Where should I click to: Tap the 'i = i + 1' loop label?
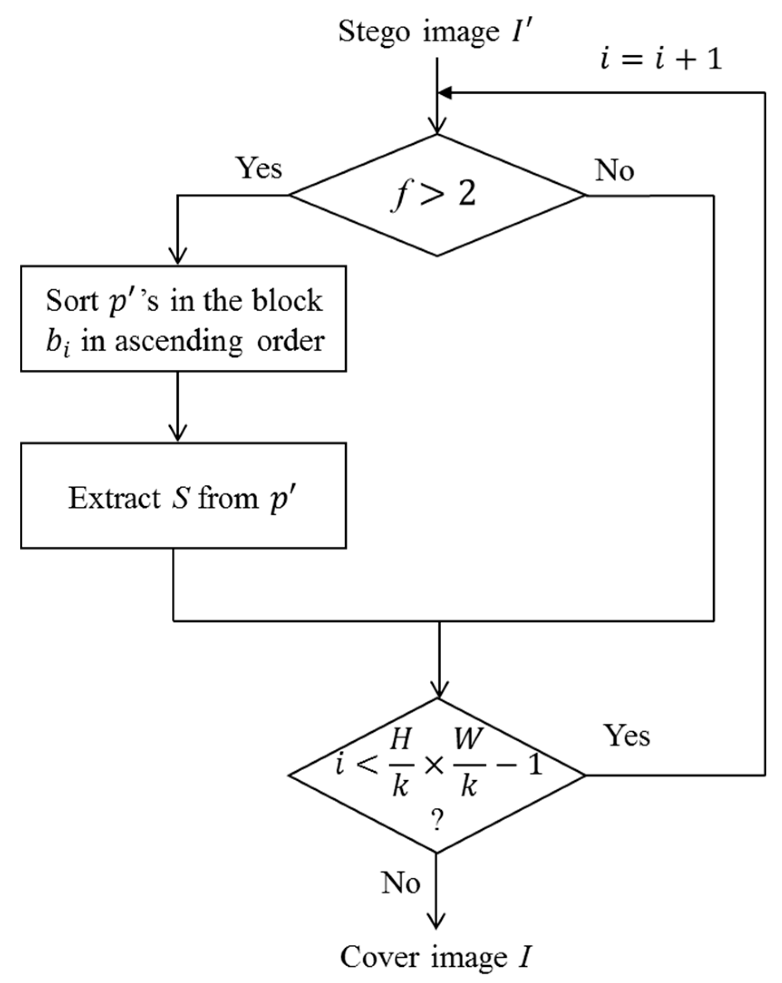pos(661,60)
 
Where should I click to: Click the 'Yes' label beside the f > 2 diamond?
pos(259,168)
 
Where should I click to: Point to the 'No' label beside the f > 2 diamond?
pos(614,171)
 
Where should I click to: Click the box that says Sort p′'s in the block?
pos(183,319)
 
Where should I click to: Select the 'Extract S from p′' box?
pos(183,496)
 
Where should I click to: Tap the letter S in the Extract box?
pos(180,499)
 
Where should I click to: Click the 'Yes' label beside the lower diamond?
pos(627,735)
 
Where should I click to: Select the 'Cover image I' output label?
pos(435,957)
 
